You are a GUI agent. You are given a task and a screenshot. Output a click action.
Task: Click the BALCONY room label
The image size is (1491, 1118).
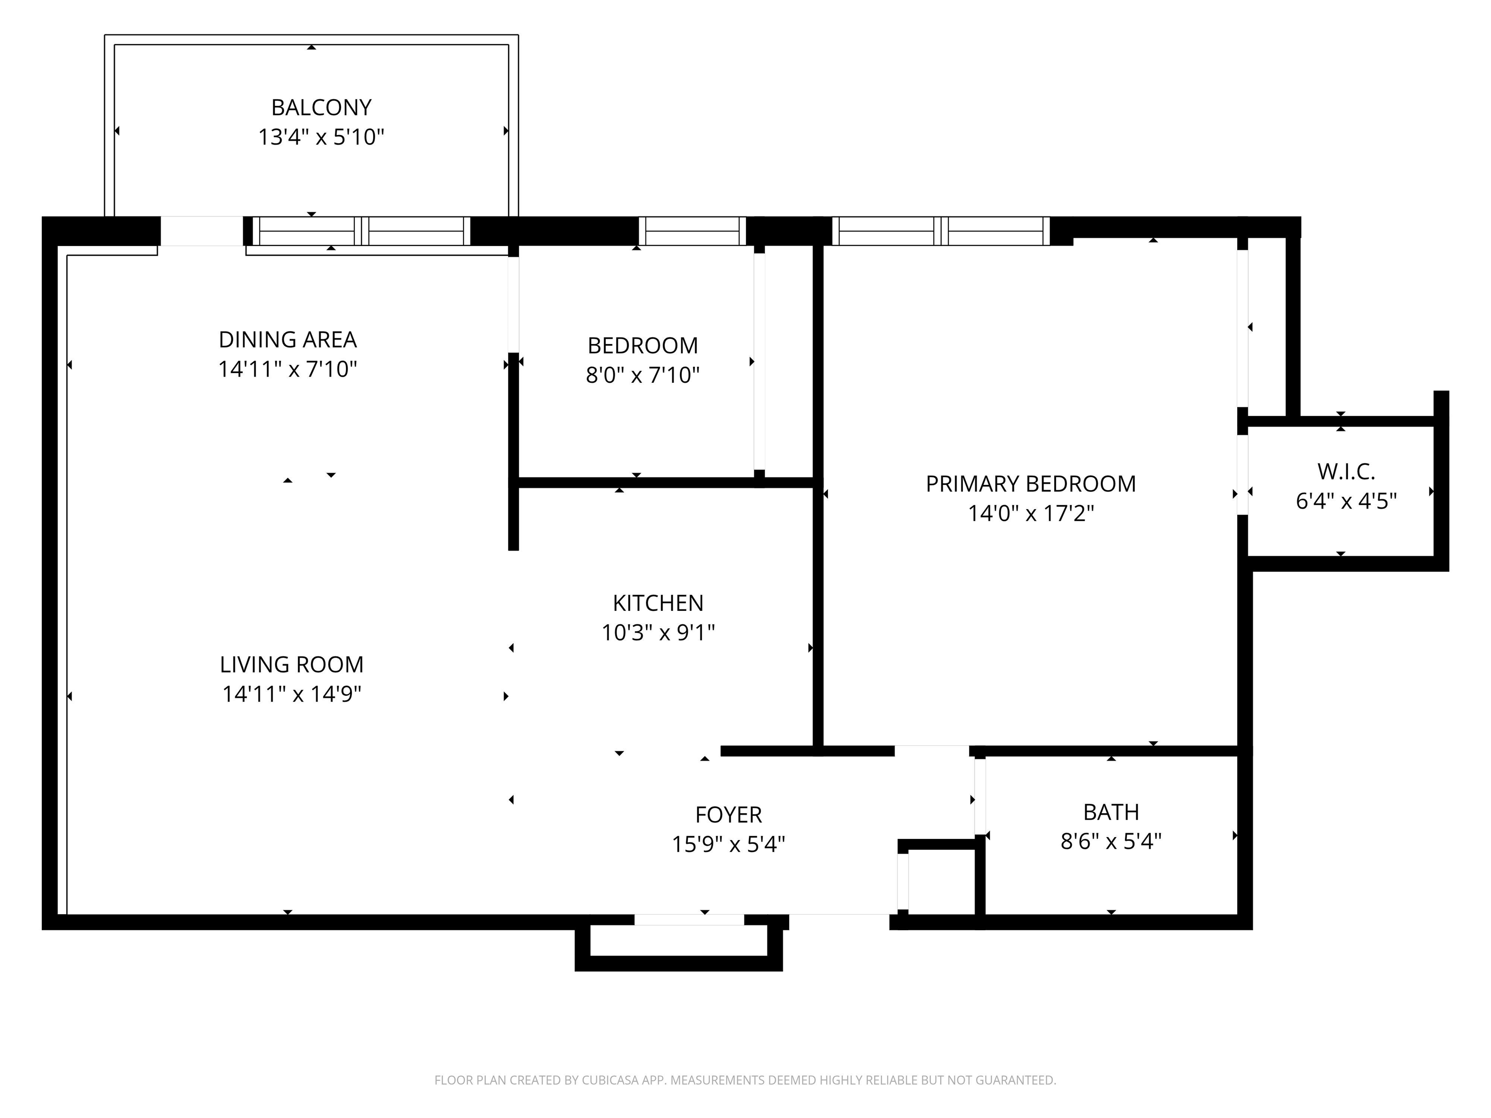click(321, 107)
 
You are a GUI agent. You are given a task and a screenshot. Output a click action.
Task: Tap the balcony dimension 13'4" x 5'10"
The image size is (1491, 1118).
click(321, 137)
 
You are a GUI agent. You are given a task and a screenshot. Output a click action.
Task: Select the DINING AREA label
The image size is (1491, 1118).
click(288, 339)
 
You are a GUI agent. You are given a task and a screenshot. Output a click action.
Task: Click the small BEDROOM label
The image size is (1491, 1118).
click(643, 345)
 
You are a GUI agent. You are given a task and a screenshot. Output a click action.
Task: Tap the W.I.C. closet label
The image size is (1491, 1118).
click(1346, 471)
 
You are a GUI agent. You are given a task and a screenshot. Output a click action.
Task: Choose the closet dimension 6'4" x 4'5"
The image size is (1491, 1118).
click(1346, 501)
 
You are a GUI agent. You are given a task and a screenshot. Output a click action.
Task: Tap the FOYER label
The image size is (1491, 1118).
click(729, 815)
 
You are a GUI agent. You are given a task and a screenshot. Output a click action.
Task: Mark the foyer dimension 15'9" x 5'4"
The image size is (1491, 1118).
click(729, 844)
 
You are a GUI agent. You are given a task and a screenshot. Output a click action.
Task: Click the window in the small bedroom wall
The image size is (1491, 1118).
click(692, 231)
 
